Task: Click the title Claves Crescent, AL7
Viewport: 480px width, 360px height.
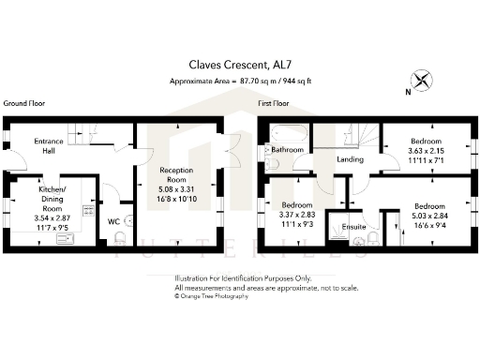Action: point(241,66)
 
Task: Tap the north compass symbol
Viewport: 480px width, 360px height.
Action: point(424,82)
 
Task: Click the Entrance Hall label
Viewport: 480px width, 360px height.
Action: point(49,146)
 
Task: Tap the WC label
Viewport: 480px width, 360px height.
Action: point(112,221)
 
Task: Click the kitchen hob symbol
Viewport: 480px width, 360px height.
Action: point(87,211)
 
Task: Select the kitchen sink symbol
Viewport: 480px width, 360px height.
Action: point(67,239)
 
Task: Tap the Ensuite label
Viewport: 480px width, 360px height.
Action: point(353,226)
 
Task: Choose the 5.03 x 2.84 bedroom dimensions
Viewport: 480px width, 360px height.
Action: point(429,214)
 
